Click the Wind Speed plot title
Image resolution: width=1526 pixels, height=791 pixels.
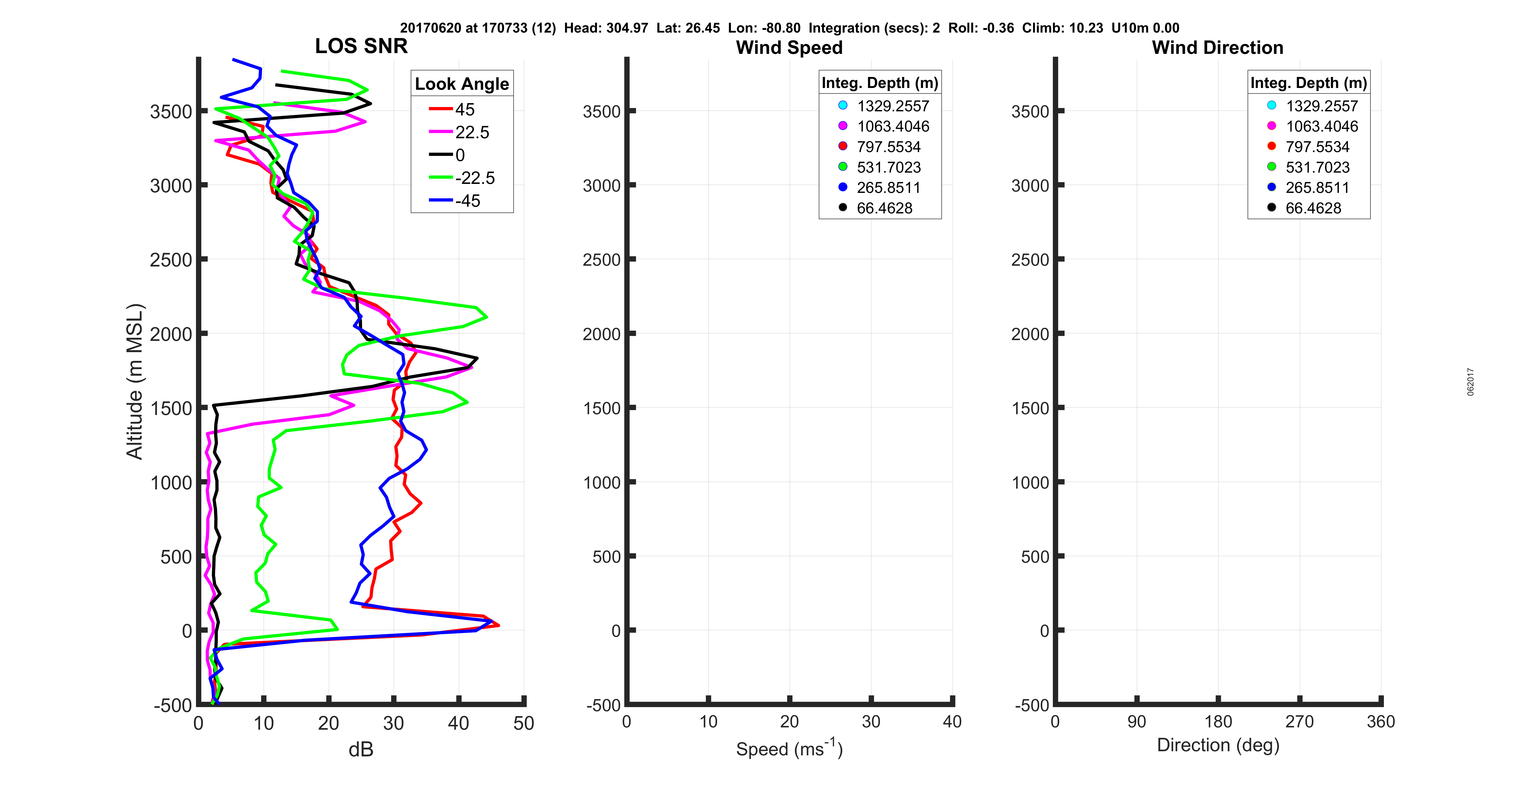789,47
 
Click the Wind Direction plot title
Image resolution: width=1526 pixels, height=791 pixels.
1217,47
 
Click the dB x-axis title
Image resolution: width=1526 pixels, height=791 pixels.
361,749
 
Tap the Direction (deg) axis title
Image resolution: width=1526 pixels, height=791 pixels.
1218,745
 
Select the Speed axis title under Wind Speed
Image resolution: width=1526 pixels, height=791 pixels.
789,748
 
